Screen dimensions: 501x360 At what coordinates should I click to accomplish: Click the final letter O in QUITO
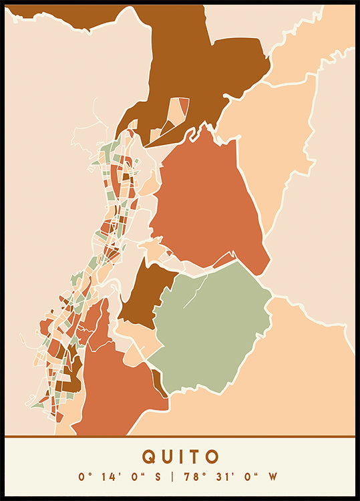click(x=212, y=457)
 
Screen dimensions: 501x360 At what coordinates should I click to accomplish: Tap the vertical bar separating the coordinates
click(x=172, y=477)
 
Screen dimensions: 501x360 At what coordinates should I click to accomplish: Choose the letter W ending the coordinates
click(x=272, y=477)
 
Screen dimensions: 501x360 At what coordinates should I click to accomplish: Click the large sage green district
click(x=214, y=327)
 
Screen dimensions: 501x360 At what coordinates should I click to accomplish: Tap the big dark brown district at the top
click(x=200, y=67)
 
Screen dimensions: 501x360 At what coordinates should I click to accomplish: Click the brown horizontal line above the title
click(x=180, y=437)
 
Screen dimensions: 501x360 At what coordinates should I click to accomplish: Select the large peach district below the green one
click(x=281, y=394)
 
